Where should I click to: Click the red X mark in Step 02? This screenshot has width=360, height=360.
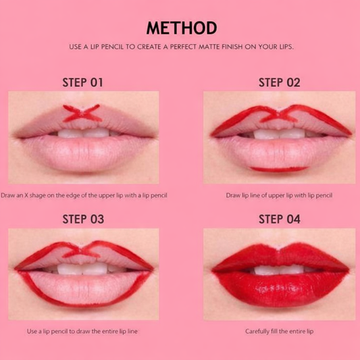click(276, 115)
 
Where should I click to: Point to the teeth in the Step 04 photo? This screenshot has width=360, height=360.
click(277, 269)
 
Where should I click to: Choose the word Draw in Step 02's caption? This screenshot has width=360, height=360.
click(232, 195)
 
